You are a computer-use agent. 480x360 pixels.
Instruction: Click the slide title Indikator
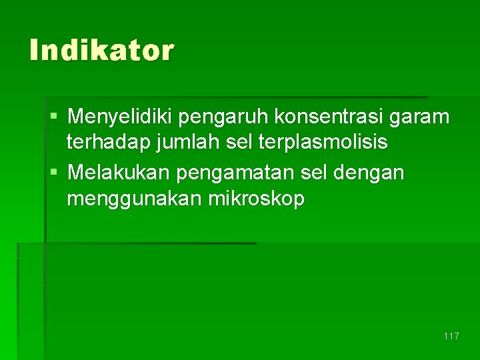click(101, 50)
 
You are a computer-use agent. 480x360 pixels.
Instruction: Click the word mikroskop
click(256, 199)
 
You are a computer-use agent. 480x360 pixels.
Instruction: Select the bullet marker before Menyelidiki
click(54, 118)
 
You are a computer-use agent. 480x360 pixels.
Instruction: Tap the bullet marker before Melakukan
click(54, 173)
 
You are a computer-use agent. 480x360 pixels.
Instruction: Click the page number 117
click(451, 336)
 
